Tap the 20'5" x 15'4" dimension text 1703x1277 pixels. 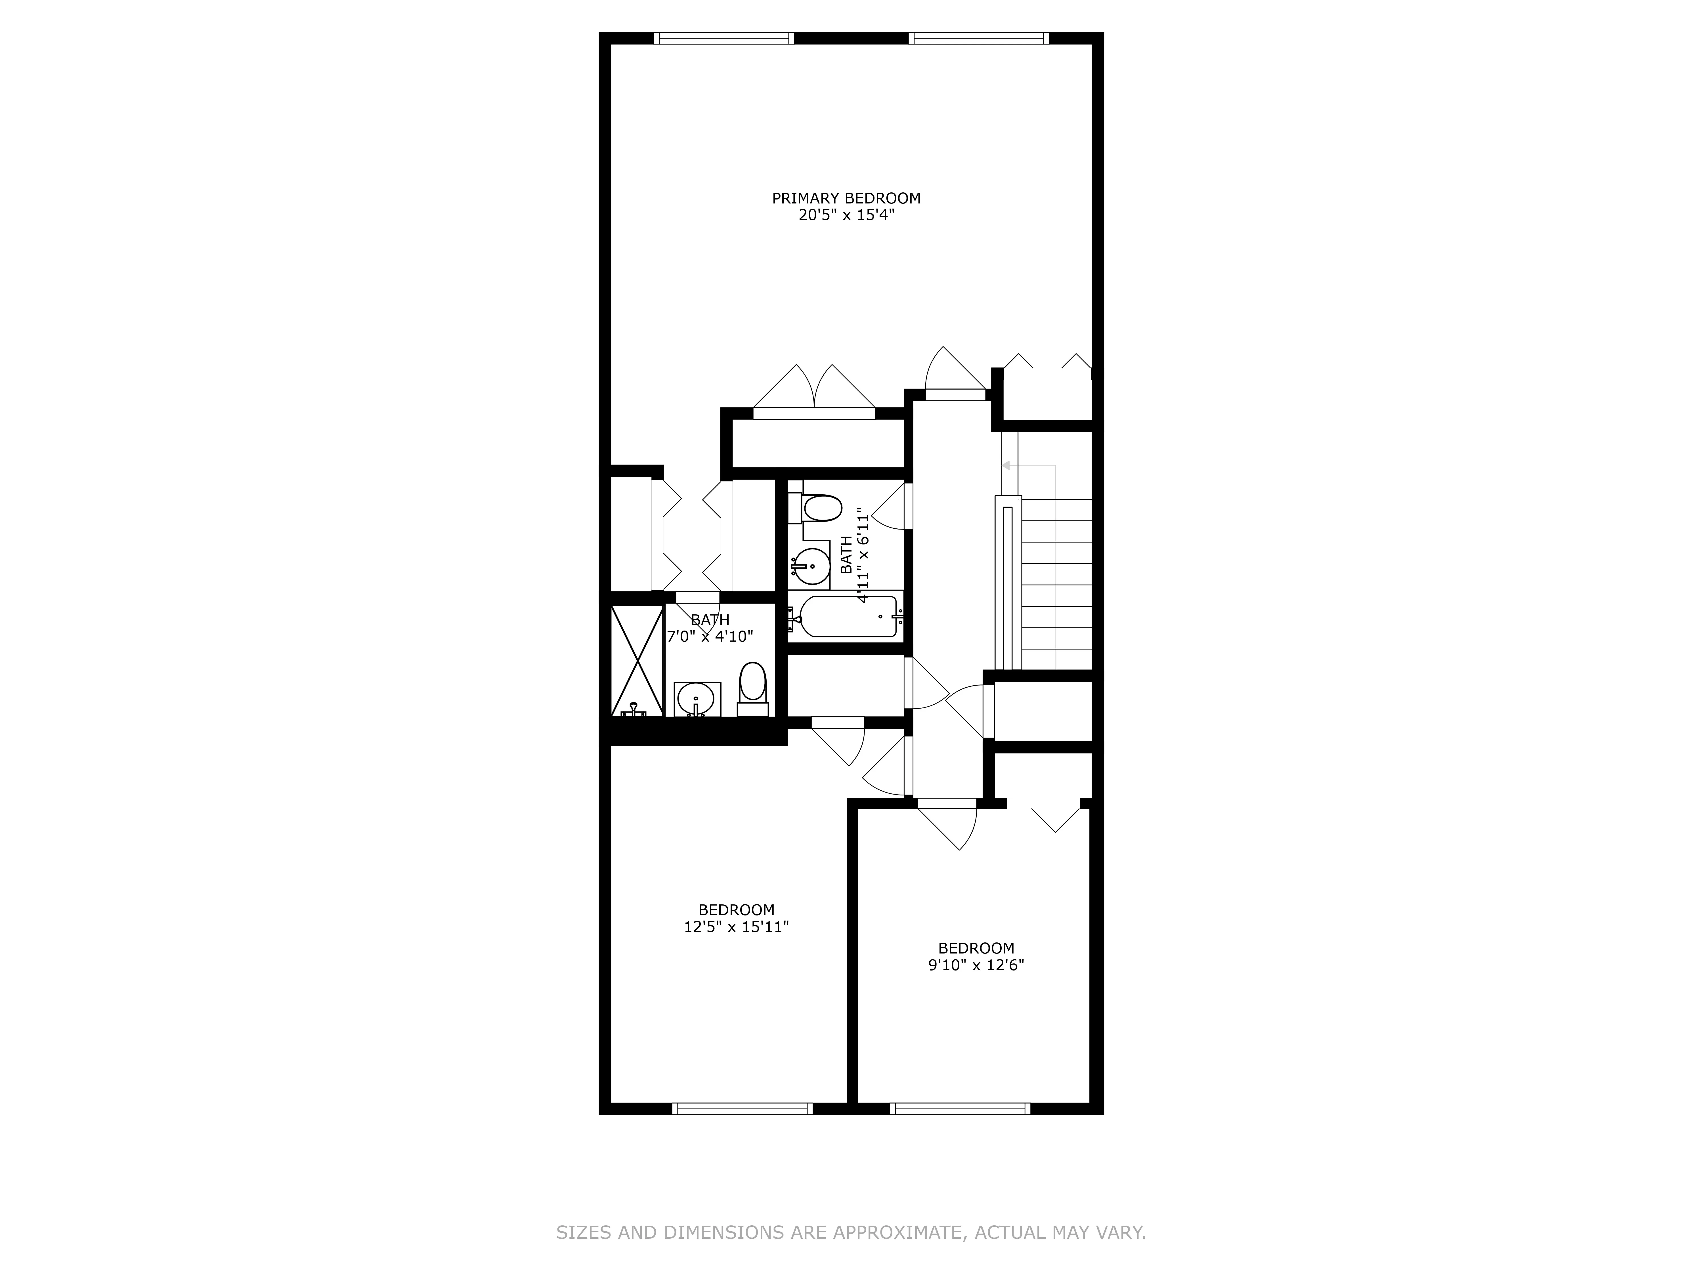[x=846, y=215]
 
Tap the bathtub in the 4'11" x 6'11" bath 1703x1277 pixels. [x=848, y=617]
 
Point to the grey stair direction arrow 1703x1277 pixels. [x=1005, y=466]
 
